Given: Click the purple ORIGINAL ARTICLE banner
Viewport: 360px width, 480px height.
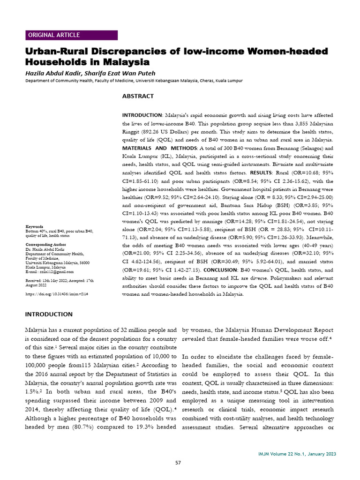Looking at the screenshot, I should [71, 35].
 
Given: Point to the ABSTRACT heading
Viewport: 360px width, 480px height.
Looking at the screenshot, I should [138, 96].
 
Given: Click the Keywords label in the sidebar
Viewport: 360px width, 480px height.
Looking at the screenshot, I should [34, 226].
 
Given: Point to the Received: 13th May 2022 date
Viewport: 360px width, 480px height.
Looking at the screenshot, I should [49, 280].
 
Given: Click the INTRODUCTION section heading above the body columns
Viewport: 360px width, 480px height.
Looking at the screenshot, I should [49, 314].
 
